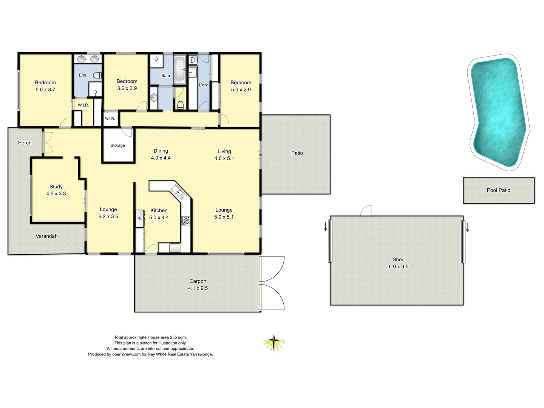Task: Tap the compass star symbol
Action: (274, 343)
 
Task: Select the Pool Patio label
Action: (498, 190)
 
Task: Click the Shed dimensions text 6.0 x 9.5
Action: (398, 266)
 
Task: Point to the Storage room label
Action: (117, 145)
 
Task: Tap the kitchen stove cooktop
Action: (185, 220)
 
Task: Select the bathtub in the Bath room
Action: (180, 69)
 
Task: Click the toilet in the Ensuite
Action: (97, 75)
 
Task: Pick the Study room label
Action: (56, 187)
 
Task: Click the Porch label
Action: (25, 143)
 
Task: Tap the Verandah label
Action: (46, 236)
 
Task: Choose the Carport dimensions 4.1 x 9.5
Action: (198, 288)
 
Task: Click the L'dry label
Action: (203, 85)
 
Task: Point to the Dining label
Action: (161, 151)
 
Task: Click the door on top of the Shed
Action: (366, 211)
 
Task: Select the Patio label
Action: (297, 153)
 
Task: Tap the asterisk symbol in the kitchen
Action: (139, 219)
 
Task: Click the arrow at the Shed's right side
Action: (468, 227)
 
